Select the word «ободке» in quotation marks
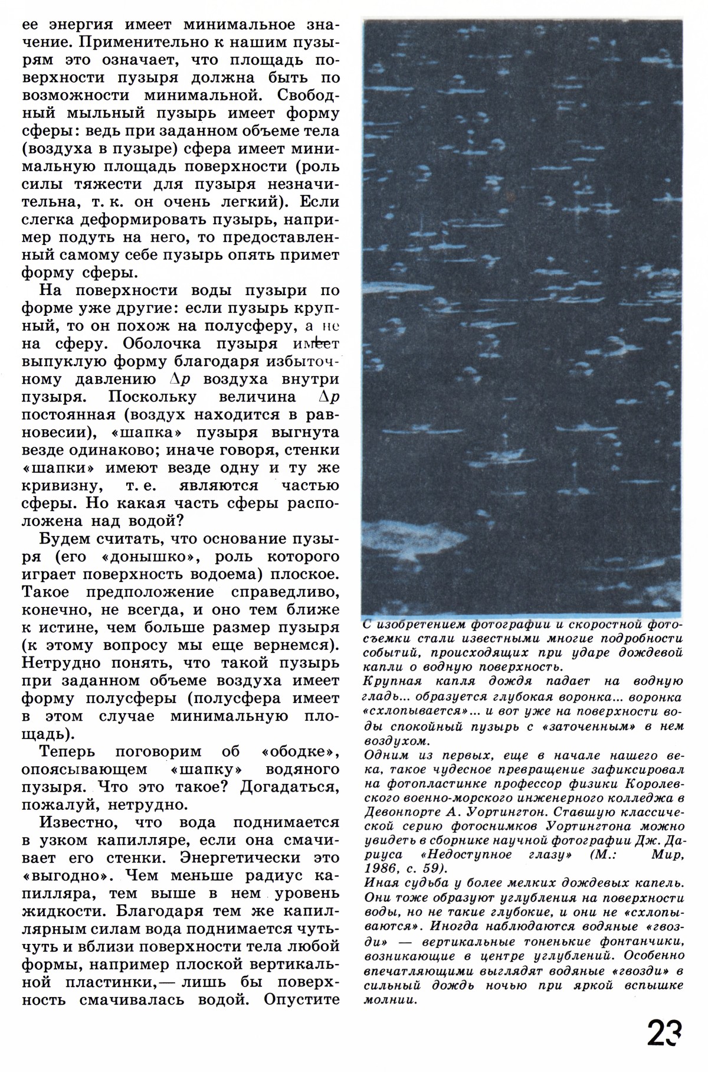click(x=298, y=751)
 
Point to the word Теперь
click(x=70, y=751)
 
